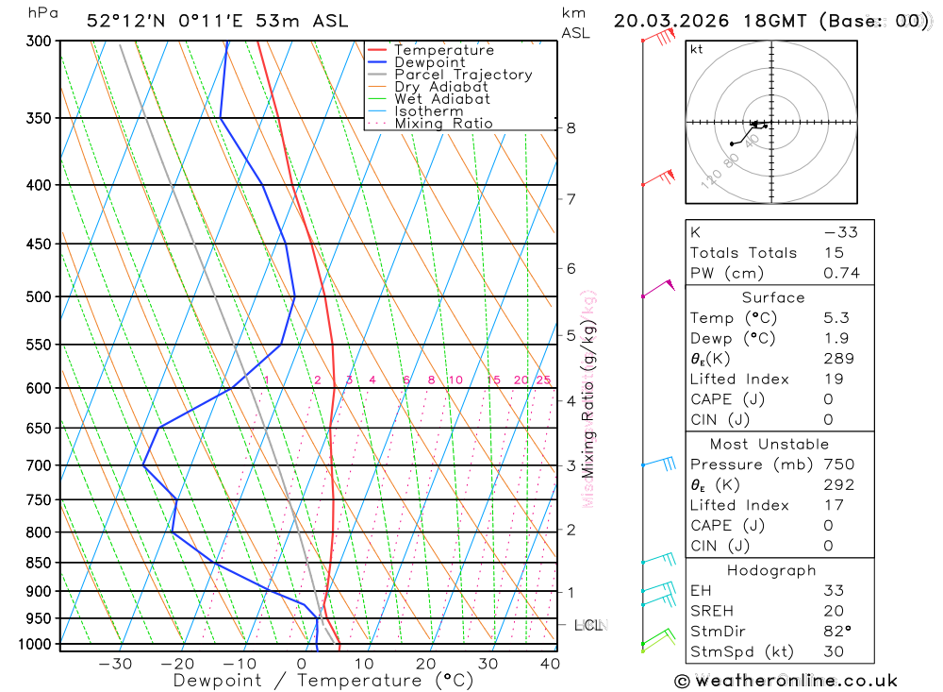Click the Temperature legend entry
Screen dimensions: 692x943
coord(443,50)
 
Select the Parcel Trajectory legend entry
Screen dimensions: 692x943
coord(463,75)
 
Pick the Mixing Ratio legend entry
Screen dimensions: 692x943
coord(443,124)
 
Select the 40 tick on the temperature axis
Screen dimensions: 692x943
coord(550,664)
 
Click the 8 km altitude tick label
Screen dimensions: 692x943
coord(571,128)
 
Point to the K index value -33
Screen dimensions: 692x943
coord(839,232)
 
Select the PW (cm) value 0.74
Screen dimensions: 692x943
coord(841,274)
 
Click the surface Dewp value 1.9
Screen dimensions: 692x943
coord(835,339)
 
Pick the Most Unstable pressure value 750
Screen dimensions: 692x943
coord(838,464)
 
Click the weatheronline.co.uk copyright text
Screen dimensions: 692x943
coord(786,681)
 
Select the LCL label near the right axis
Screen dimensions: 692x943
coord(588,625)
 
